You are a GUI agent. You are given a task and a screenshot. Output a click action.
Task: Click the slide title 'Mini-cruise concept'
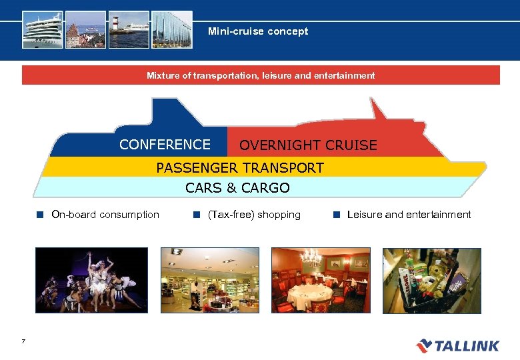pos(258,31)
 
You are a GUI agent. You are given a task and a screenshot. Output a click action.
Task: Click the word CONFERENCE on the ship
pos(165,145)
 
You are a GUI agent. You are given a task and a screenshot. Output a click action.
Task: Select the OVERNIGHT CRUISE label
pos(308,145)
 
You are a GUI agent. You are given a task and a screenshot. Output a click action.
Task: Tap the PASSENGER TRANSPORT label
pos(240,168)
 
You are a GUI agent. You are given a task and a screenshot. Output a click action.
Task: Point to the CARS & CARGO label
pos(237,188)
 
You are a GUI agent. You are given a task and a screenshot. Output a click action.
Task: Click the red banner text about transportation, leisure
pos(261,76)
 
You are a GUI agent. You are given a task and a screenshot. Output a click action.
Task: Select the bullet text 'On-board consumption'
pos(105,215)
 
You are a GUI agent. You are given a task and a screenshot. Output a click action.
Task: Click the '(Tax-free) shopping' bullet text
pos(254,215)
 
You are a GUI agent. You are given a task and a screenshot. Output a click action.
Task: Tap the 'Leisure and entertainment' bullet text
pos(409,215)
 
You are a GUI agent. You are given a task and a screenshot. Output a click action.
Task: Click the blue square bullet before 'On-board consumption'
pos(40,215)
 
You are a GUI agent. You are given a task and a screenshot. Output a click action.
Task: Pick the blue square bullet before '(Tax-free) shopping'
pos(197,215)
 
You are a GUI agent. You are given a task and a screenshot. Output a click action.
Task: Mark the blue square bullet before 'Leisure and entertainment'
pos(337,215)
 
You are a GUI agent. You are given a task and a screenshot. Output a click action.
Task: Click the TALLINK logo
pos(457,345)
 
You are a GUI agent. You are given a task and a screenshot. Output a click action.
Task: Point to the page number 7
pos(23,342)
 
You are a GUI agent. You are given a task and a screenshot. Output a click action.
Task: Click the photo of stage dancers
pos(91,281)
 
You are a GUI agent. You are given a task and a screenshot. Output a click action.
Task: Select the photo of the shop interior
pos(210,281)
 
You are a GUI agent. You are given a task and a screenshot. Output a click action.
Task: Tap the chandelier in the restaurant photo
pos(311,257)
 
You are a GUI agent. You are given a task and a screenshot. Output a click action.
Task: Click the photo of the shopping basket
pos(431,281)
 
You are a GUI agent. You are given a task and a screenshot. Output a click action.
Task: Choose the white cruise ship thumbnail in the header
pos(43,29)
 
